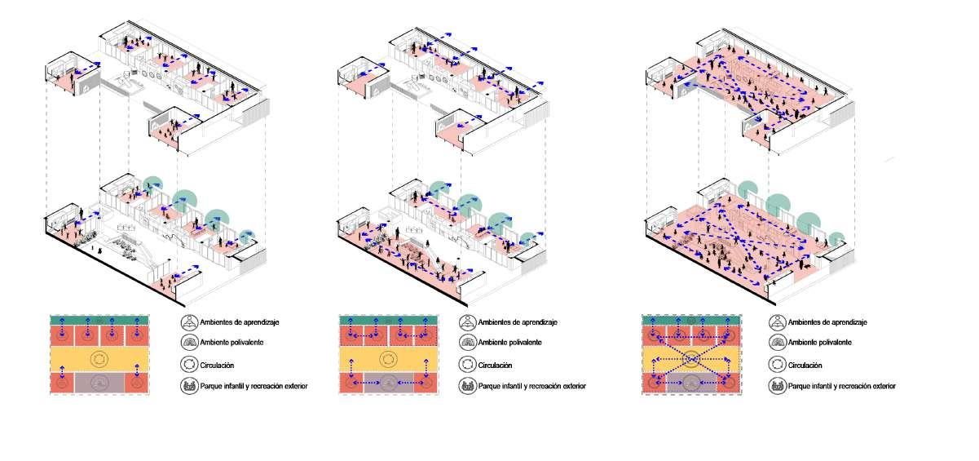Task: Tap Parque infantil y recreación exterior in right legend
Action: (x=842, y=386)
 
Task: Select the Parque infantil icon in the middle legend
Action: (x=467, y=386)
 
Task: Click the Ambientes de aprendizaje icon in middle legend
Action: (x=467, y=322)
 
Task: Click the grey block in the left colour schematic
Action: (x=99, y=382)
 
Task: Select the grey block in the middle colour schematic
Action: (x=389, y=382)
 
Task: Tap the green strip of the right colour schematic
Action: (x=691, y=319)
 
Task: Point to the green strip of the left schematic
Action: (x=99, y=319)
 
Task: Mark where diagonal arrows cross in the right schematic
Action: (x=691, y=358)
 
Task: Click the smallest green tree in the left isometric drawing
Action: (x=249, y=237)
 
